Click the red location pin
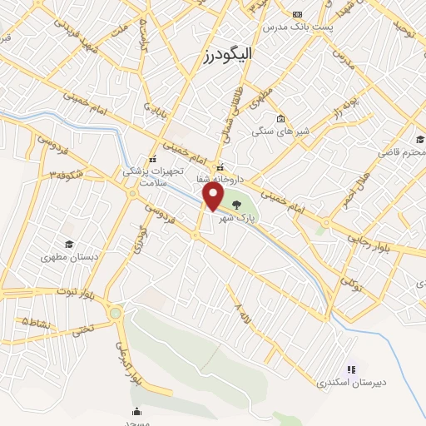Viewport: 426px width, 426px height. point(214,196)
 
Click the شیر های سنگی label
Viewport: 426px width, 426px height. point(280,131)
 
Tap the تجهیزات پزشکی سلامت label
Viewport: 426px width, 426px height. point(146,175)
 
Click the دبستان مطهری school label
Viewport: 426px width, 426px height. point(69,258)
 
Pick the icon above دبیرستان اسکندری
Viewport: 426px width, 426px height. point(350,369)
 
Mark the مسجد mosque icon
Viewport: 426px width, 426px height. point(136,411)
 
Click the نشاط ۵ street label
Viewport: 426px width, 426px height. point(36,320)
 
